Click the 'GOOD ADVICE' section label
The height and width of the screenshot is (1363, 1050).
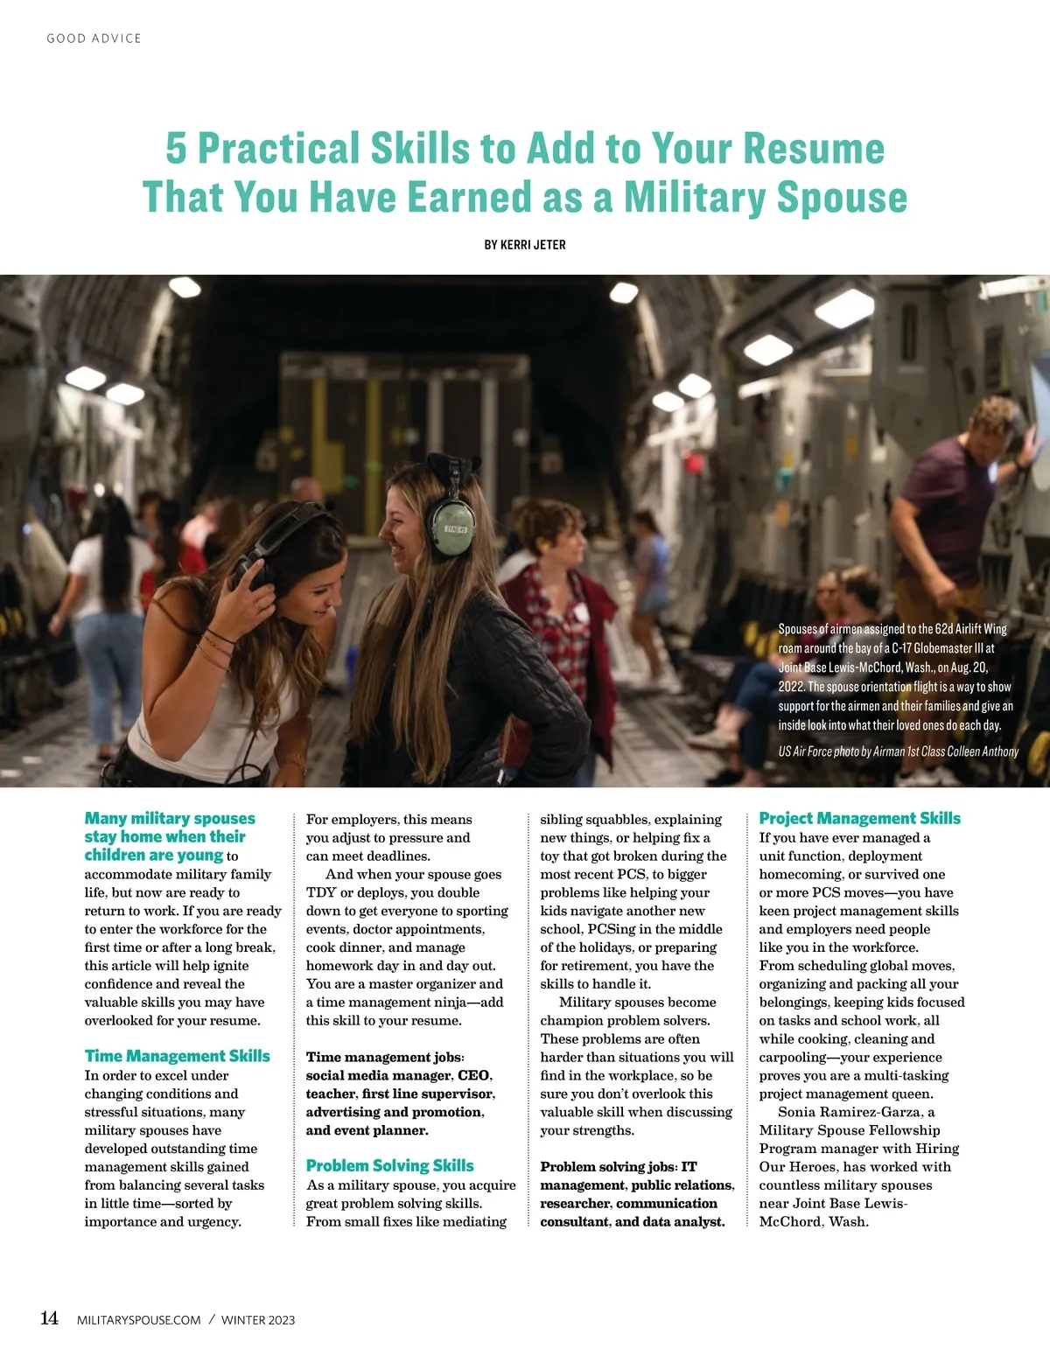click(x=94, y=38)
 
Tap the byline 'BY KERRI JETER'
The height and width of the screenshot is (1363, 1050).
click(x=525, y=245)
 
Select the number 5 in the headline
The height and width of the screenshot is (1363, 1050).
click(x=176, y=149)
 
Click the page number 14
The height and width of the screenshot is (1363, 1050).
click(x=50, y=1318)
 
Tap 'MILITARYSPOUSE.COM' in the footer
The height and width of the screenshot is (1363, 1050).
click(x=139, y=1320)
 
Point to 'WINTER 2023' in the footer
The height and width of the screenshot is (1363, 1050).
click(x=258, y=1320)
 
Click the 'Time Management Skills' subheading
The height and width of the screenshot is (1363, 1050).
click(x=177, y=1056)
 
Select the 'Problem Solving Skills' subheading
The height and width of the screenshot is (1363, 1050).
click(x=389, y=1165)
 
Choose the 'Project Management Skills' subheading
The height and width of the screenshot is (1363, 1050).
click(x=859, y=818)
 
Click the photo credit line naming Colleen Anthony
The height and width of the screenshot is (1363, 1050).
click(x=898, y=751)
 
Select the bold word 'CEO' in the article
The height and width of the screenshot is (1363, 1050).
click(x=473, y=1075)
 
